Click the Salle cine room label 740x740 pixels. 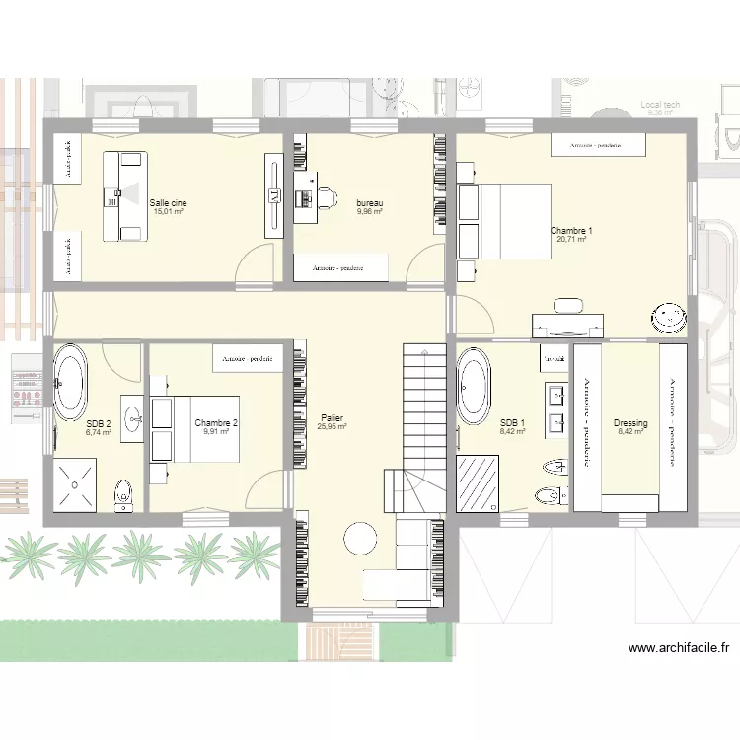168,202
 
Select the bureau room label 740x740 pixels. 370,202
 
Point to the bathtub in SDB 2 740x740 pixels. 69,381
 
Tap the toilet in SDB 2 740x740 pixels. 122,492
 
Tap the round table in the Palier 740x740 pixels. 359,539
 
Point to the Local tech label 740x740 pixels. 659,104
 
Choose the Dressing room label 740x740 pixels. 629,423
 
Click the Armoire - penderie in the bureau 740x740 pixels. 340,267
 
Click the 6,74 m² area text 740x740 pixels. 99,432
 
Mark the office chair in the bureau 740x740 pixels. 323,197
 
